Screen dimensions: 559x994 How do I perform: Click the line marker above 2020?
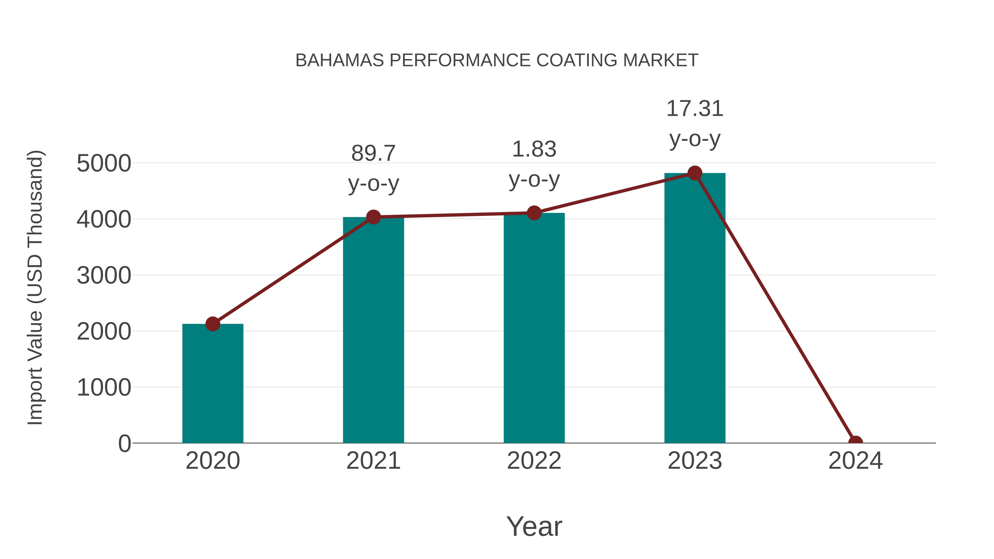pos(213,324)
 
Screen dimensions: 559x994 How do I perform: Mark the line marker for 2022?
pos(534,213)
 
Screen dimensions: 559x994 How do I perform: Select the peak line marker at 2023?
pos(695,173)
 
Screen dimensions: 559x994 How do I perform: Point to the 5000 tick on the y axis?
pos(104,163)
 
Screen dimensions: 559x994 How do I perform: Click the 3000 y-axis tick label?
pos(104,275)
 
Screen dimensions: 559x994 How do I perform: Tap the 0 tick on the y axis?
pos(124,443)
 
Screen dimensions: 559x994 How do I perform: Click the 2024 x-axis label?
pos(855,461)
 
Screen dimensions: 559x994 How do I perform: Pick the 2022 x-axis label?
pos(534,461)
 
